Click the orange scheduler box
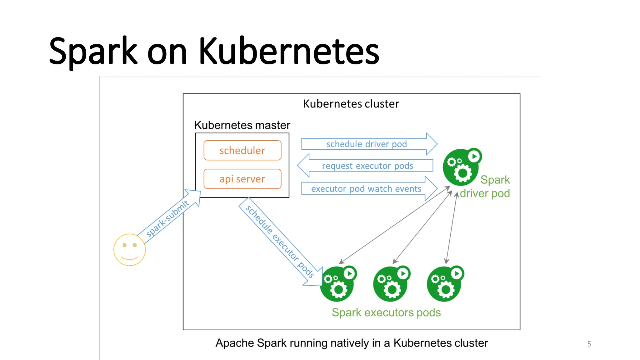pyautogui.click(x=242, y=150)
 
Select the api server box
pyautogui.click(x=242, y=179)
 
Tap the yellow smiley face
pyautogui.click(x=129, y=250)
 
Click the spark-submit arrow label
pyautogui.click(x=167, y=218)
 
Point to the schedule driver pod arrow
pyautogui.click(x=369, y=144)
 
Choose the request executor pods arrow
pyautogui.click(x=365, y=165)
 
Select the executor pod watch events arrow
pyautogui.click(x=369, y=188)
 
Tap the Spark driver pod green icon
pyautogui.click(x=462, y=167)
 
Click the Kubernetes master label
pyautogui.click(x=242, y=125)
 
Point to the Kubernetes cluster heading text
pyautogui.click(x=351, y=104)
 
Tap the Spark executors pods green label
pyautogui.click(x=386, y=312)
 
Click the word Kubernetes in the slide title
pyautogui.click(x=289, y=51)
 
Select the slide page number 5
pyautogui.click(x=589, y=344)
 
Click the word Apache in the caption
pyautogui.click(x=235, y=343)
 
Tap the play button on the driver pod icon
pyautogui.click(x=474, y=156)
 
